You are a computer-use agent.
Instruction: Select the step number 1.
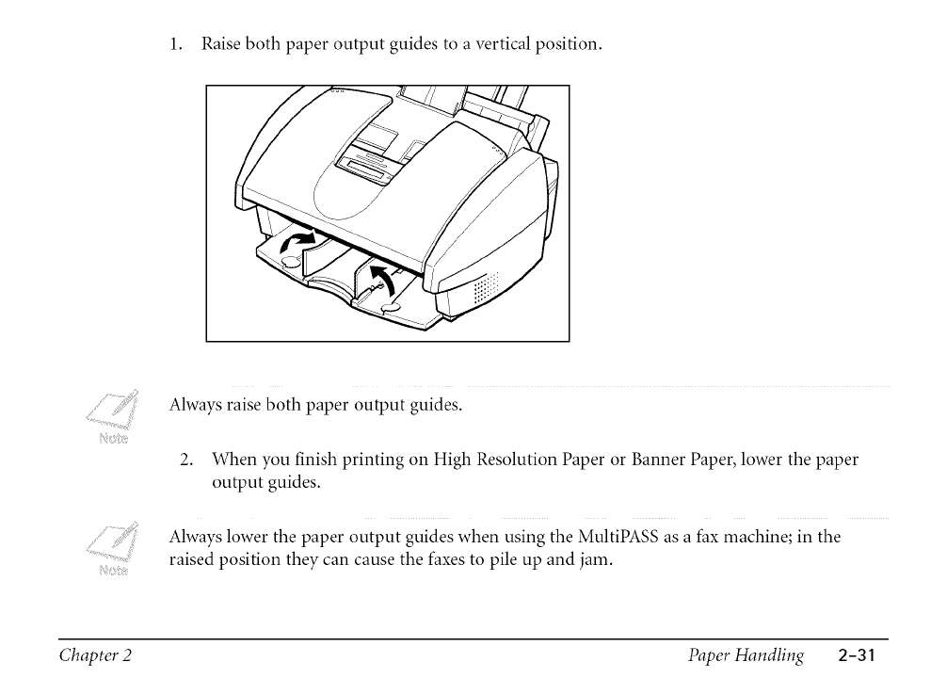[x=174, y=44]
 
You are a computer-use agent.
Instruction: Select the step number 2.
[x=187, y=460]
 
